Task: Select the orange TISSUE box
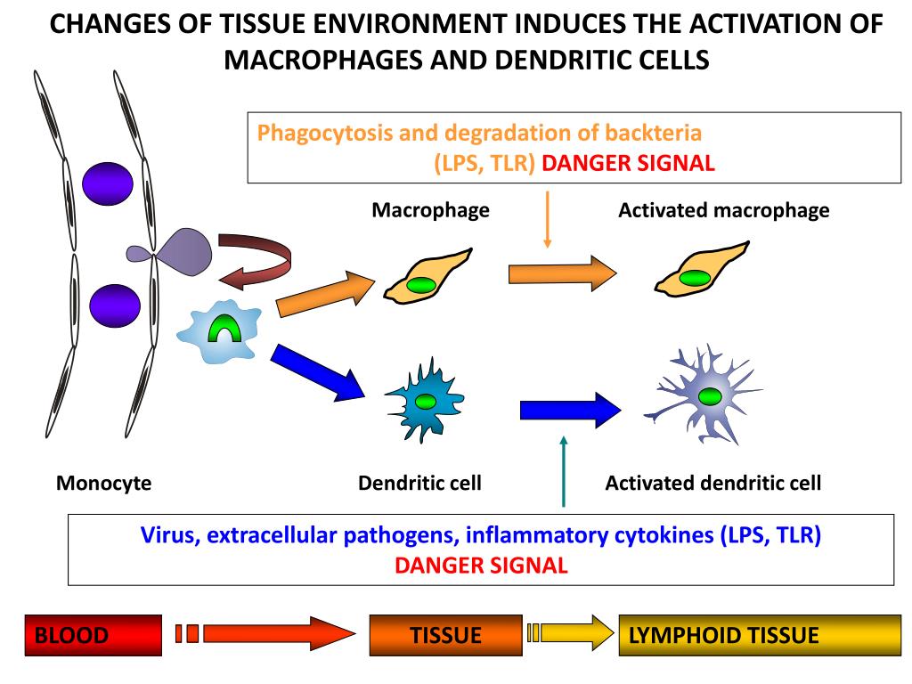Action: coord(445,635)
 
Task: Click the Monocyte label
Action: coord(103,484)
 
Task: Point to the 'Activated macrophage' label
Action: coord(723,210)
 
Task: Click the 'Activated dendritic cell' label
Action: coord(712,483)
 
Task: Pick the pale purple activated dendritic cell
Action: coord(709,395)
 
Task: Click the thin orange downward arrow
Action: coord(548,218)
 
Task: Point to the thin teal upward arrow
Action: coord(563,471)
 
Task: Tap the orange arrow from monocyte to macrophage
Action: coord(326,294)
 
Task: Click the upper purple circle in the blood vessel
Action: coord(108,183)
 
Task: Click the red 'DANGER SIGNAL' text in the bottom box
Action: coord(481,566)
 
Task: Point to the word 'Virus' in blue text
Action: coord(165,536)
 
